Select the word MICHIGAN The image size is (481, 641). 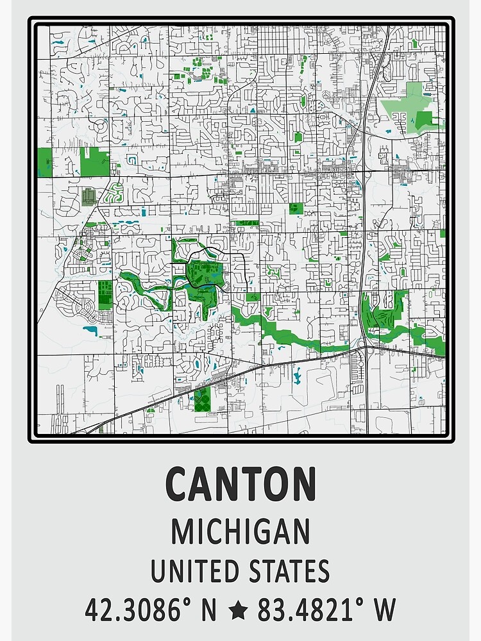(240, 531)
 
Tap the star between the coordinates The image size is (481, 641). (238, 611)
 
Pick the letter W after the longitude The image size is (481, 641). (385, 610)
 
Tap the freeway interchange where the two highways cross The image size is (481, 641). (364, 346)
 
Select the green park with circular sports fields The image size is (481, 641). (203, 399)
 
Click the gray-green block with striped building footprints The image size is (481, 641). (88, 196)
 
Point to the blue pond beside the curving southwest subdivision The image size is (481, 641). (90, 331)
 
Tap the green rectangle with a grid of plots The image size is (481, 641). (105, 294)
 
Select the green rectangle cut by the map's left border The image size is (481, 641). (44, 162)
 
